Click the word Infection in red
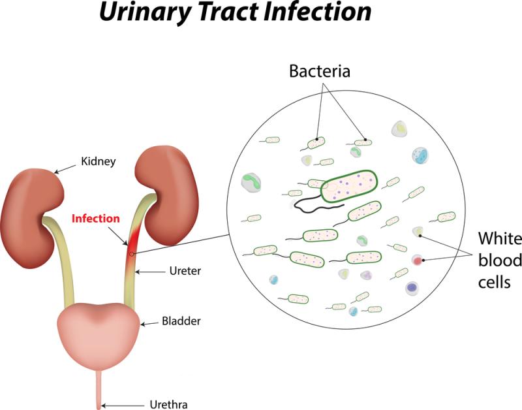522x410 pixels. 95,219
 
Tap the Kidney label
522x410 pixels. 99,161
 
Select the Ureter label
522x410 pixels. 185,271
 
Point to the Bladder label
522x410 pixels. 181,321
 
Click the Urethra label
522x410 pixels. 168,404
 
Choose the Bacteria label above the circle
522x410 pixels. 320,71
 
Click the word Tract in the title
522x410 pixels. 226,12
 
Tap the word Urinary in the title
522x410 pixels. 145,13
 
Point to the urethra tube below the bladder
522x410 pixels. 99,390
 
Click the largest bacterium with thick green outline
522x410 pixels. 350,186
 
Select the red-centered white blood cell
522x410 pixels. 417,260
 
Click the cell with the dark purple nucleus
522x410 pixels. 412,288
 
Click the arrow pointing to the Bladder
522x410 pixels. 149,323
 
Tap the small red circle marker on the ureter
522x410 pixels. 132,254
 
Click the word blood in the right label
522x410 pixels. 500,260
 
